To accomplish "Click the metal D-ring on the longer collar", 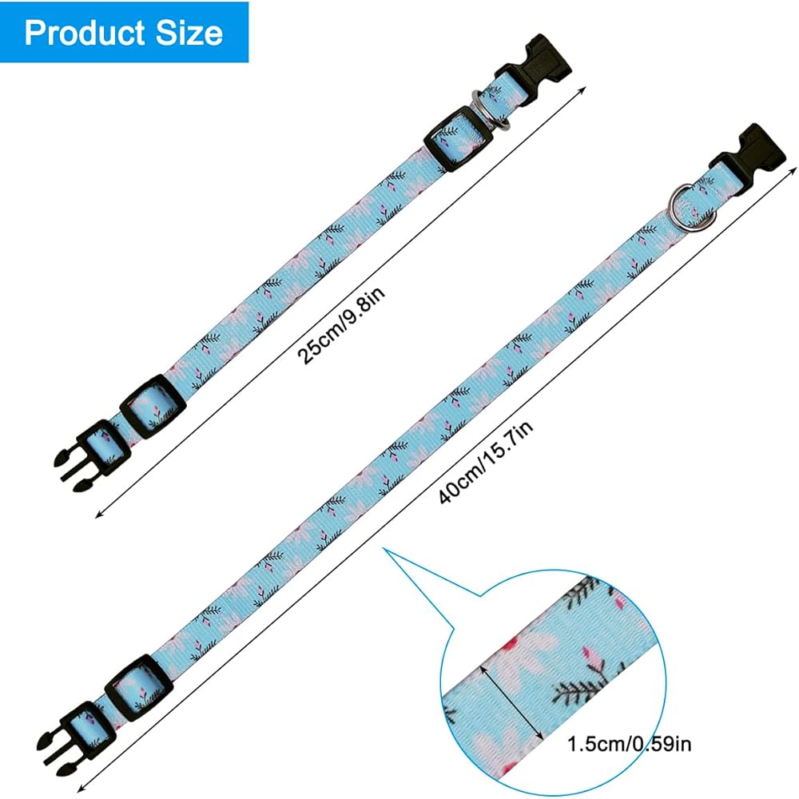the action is pos(686,205).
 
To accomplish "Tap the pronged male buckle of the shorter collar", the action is pos(80,456).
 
